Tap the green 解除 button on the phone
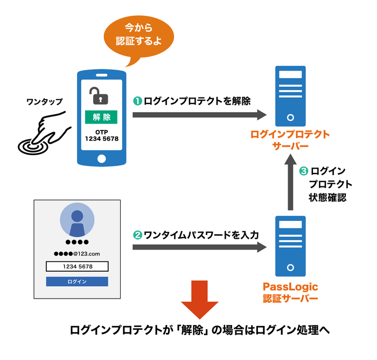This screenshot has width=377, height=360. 102,117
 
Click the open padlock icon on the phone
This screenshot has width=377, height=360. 99,96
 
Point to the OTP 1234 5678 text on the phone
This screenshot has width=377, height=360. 102,135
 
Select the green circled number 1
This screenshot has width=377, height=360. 137,101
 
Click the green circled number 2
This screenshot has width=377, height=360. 137,235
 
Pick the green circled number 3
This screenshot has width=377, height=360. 303,171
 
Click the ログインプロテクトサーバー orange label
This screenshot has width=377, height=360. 290,140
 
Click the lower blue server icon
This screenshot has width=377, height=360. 290,246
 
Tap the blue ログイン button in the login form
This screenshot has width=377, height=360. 77,281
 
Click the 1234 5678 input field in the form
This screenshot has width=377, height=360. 77,266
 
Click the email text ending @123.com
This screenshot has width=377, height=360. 77,253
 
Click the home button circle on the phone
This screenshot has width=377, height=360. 102,158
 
